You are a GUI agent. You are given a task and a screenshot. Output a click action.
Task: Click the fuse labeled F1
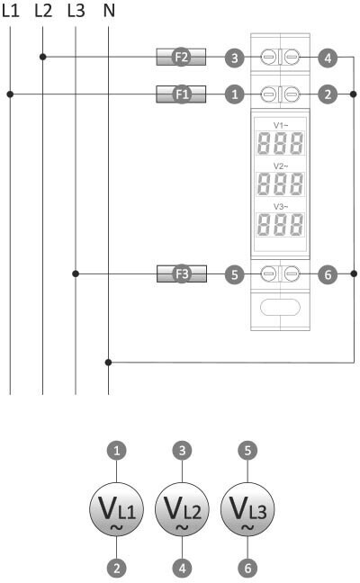click(x=181, y=94)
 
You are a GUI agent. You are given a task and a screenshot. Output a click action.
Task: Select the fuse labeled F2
click(x=181, y=57)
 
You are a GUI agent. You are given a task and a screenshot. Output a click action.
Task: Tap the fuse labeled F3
click(x=182, y=274)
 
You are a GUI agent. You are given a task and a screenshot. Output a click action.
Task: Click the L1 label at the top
click(x=11, y=11)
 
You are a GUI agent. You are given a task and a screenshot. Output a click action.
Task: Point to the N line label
click(x=109, y=11)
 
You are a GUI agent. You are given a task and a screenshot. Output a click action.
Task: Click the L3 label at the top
click(x=76, y=11)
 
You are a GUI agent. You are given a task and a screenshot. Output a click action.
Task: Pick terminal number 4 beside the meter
click(x=328, y=58)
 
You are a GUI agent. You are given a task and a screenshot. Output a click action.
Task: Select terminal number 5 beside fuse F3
click(x=234, y=274)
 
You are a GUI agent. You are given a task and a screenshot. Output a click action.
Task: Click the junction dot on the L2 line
click(x=43, y=57)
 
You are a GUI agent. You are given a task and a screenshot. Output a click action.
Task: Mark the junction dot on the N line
click(x=108, y=363)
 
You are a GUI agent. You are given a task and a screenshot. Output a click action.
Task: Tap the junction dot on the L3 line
click(x=76, y=274)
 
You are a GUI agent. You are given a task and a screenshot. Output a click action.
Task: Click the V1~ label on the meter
click(x=281, y=125)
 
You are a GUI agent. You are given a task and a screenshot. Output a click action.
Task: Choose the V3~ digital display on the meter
click(x=281, y=225)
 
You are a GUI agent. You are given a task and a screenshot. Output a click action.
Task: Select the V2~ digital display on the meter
click(x=281, y=184)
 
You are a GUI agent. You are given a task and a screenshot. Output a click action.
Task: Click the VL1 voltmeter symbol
click(x=116, y=509)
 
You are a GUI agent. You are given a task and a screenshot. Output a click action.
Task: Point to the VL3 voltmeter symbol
click(x=247, y=509)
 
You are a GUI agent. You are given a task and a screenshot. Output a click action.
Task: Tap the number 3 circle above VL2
click(x=182, y=450)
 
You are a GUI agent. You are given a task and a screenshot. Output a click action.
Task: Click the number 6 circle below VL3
click(x=247, y=568)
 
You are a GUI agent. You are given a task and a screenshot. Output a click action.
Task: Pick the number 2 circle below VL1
click(x=117, y=568)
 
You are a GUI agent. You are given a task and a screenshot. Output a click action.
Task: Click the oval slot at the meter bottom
click(x=280, y=308)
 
